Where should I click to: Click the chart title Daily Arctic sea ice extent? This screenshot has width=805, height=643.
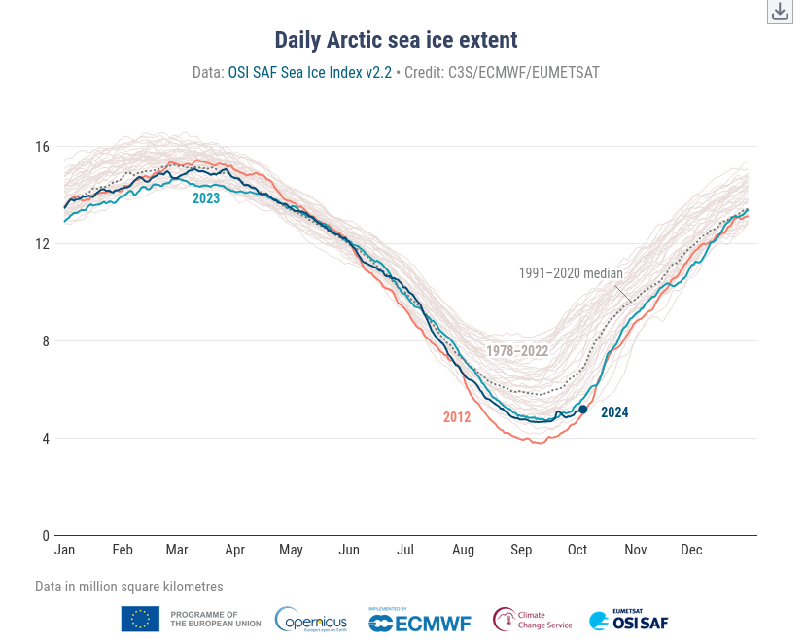[396, 40]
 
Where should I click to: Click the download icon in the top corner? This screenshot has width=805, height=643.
[780, 12]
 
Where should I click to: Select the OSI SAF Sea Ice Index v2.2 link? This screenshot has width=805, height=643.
[309, 72]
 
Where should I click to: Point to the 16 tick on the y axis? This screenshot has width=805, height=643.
[42, 147]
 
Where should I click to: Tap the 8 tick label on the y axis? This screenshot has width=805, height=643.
[45, 341]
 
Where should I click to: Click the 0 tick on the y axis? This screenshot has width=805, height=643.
[45, 535]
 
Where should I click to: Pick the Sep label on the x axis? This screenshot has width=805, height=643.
[521, 550]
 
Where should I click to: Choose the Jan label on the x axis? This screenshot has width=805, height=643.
[65, 550]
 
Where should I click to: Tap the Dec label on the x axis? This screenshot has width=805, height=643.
[691, 550]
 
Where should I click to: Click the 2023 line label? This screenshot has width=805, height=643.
[206, 198]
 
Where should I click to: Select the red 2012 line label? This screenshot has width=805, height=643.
[457, 417]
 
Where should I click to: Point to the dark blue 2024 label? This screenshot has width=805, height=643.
[614, 412]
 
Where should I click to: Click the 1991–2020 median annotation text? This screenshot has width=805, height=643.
[571, 273]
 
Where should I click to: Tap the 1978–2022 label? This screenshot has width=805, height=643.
[517, 351]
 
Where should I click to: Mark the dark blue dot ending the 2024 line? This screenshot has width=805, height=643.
[583, 410]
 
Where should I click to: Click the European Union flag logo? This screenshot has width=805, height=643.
[140, 619]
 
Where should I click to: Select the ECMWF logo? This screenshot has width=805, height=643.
[420, 620]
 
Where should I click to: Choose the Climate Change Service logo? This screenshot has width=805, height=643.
[532, 620]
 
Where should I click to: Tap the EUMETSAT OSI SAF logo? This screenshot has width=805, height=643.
[629, 619]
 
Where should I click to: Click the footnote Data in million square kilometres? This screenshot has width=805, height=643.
[129, 587]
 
